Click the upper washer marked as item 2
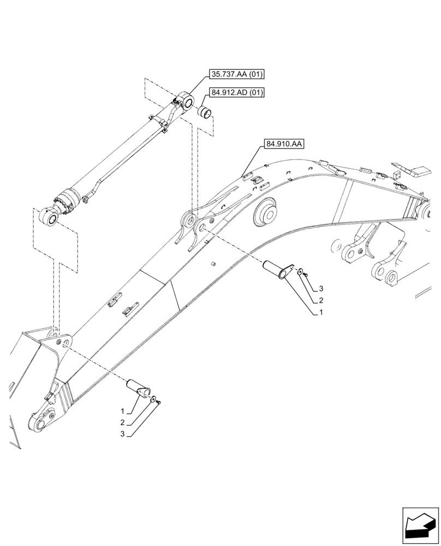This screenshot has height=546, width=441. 300,270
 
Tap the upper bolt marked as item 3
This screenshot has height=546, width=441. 307,275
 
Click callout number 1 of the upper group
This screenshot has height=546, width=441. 321,313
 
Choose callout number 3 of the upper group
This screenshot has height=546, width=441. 321,288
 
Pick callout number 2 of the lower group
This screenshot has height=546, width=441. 123,423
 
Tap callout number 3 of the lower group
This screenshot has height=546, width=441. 123,435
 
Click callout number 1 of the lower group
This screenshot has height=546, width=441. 123,411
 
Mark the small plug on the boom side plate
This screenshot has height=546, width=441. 213,264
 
